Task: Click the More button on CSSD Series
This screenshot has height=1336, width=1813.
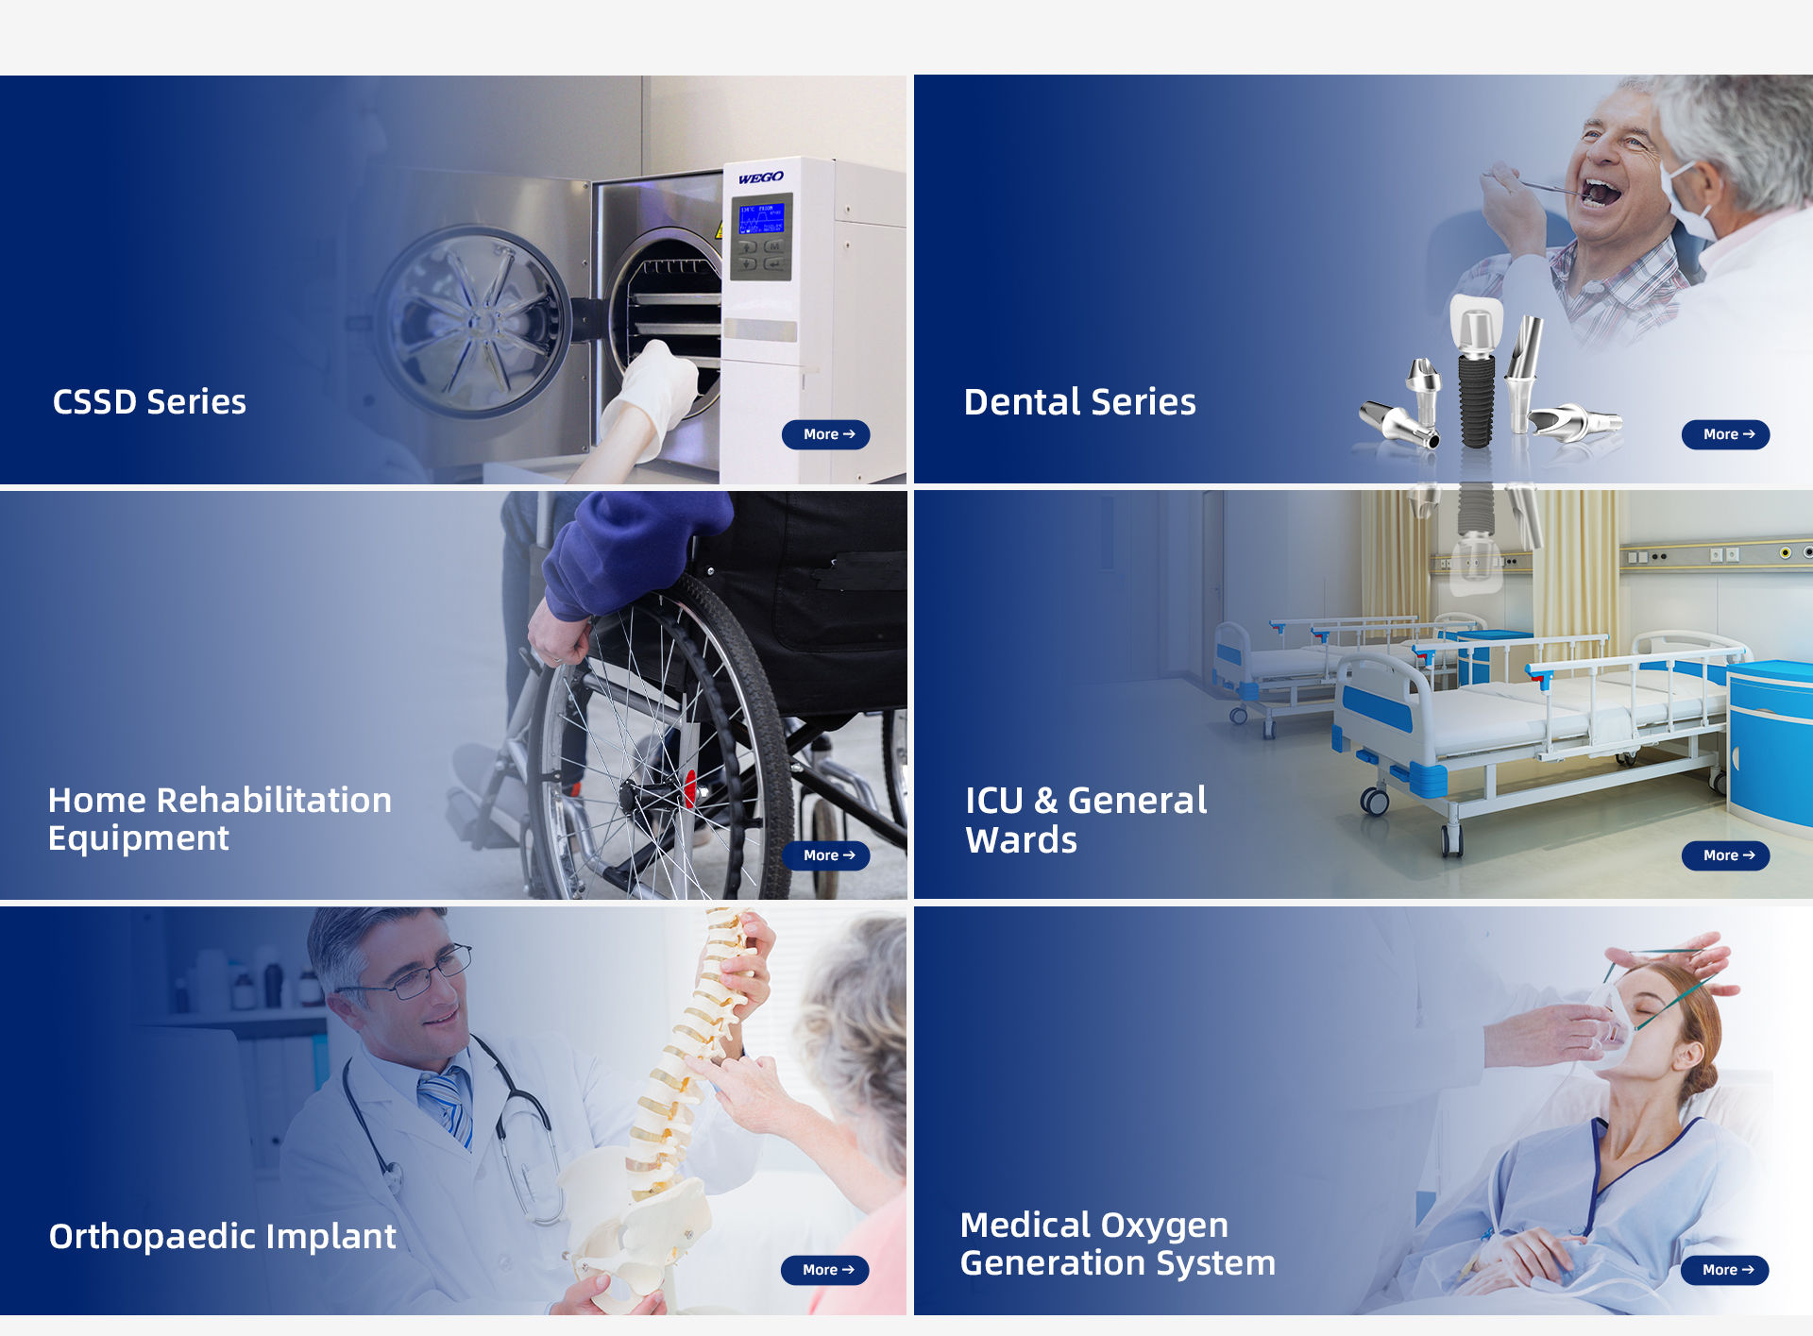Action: [826, 434]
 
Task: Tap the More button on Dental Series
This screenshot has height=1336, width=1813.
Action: [1725, 434]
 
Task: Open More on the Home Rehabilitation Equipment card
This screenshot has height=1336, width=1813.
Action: [826, 855]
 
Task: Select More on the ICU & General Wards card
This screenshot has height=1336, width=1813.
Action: [1725, 855]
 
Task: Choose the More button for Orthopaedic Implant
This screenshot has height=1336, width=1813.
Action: [825, 1270]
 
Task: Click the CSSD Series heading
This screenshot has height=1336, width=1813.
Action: [149, 402]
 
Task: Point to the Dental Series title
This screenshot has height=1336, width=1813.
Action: [1079, 402]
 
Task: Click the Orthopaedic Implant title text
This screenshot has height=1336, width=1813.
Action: [222, 1237]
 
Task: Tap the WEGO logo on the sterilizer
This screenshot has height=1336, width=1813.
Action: [760, 178]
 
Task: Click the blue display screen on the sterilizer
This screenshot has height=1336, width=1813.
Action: [760, 219]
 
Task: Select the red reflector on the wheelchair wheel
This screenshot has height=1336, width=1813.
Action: [690, 786]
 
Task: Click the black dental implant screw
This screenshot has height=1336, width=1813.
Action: [1476, 397]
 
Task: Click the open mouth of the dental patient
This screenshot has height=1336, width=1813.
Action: [1602, 193]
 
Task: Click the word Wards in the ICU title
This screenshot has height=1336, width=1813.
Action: [1021, 840]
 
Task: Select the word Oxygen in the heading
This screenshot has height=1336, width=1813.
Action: [1169, 1226]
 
